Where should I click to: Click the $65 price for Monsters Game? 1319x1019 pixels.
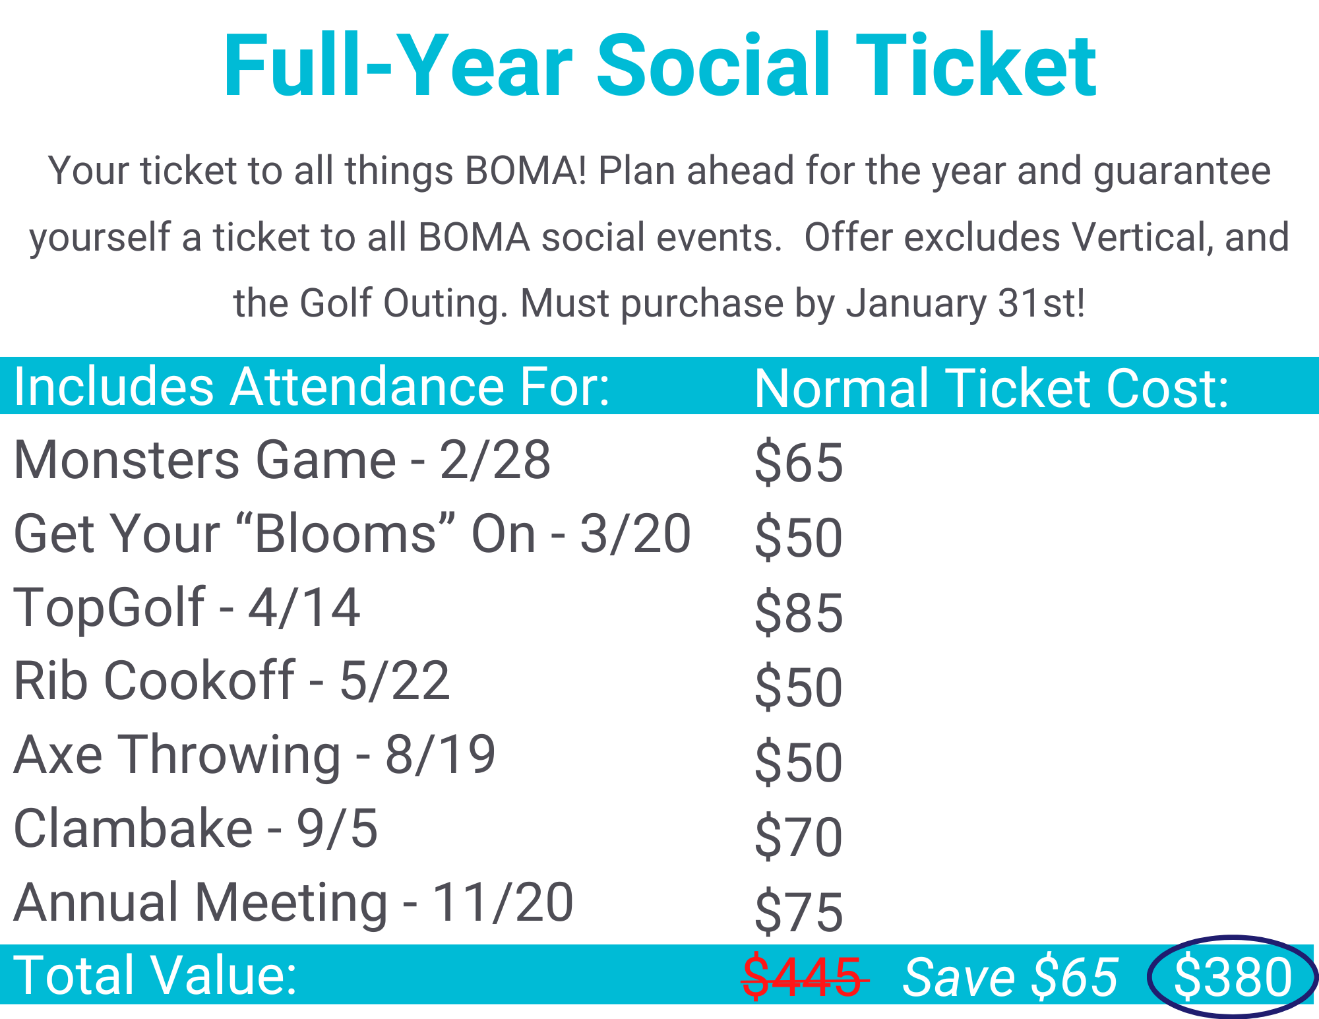[x=799, y=462]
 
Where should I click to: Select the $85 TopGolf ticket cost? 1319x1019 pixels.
[x=799, y=613]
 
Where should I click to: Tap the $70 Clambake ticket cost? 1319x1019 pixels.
[x=799, y=837]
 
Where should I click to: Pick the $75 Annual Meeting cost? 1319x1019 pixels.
[x=799, y=911]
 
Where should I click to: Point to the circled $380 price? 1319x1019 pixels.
[x=1233, y=977]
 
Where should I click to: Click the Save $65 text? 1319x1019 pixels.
[x=1010, y=977]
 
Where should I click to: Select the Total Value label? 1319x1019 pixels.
[x=156, y=975]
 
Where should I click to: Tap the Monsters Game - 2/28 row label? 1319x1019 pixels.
[x=282, y=460]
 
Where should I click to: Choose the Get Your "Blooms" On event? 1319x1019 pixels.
[x=352, y=534]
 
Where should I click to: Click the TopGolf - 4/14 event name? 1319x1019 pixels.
[x=187, y=607]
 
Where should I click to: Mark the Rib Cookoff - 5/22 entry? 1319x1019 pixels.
[x=231, y=681]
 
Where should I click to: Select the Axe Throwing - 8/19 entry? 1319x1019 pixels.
[x=255, y=755]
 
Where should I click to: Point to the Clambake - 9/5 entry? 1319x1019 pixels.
[x=196, y=828]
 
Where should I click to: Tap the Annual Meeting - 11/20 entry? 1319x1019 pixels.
[x=293, y=902]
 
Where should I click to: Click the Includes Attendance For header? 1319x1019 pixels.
[x=312, y=386]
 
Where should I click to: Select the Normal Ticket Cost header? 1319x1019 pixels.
[x=991, y=388]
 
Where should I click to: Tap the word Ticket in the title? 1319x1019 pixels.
[x=976, y=66]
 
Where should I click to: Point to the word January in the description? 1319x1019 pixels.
[x=917, y=303]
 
